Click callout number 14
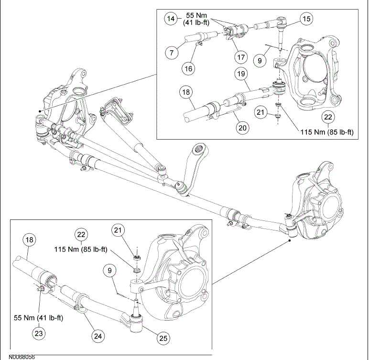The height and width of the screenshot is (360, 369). click(171, 19)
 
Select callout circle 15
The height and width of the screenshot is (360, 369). click(305, 18)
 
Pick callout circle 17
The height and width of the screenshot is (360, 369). click(240, 57)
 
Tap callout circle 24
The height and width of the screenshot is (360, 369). click(98, 336)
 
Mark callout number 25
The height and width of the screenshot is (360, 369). click(164, 338)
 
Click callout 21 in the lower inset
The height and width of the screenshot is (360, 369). click(119, 230)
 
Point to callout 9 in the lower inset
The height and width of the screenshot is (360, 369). click(110, 271)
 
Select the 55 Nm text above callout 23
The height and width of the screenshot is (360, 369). click(39, 317)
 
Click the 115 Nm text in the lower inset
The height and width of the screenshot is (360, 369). click(80, 249)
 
